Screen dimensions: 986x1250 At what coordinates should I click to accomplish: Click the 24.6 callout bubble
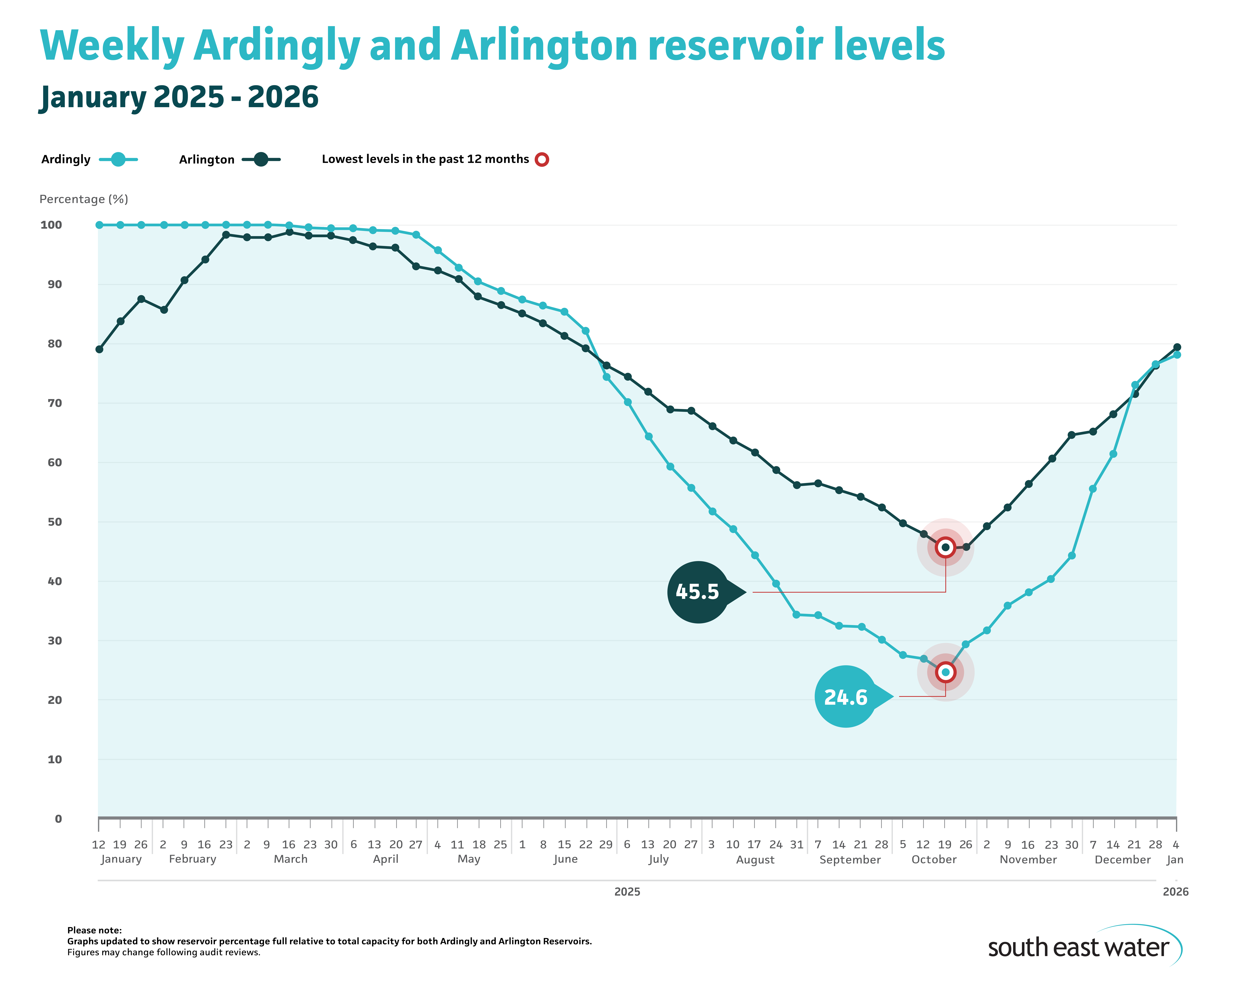845,697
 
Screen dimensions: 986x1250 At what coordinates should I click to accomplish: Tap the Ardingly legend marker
118,159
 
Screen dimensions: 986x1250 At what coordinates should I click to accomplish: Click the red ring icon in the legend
541,159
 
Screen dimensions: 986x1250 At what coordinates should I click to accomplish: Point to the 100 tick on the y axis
51,225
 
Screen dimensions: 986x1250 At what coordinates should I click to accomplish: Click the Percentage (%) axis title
84,199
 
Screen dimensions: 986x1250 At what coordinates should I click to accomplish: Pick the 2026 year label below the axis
1175,892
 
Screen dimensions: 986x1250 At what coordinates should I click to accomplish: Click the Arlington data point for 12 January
99,349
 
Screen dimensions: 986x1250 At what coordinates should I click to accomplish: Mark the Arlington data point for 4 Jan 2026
1177,348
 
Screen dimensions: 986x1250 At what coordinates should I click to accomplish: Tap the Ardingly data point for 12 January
99,225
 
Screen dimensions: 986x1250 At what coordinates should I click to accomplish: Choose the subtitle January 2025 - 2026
179,97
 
